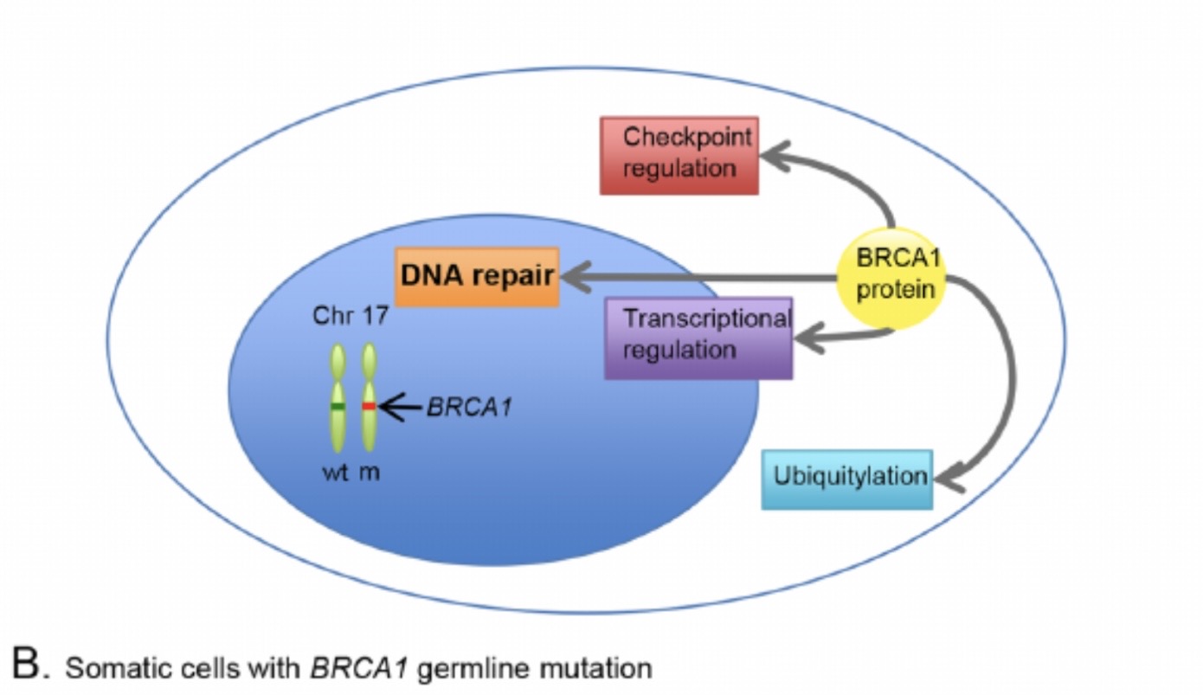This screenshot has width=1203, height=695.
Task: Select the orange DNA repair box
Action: pyautogui.click(x=477, y=277)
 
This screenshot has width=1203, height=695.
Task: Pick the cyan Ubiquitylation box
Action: pyautogui.click(x=847, y=479)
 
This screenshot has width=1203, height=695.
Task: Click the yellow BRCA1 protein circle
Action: pyautogui.click(x=892, y=278)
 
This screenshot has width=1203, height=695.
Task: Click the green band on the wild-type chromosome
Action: pyautogui.click(x=338, y=406)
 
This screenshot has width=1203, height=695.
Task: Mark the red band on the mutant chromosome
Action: pyautogui.click(x=369, y=406)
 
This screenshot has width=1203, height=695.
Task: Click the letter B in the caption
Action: pyautogui.click(x=26, y=666)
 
